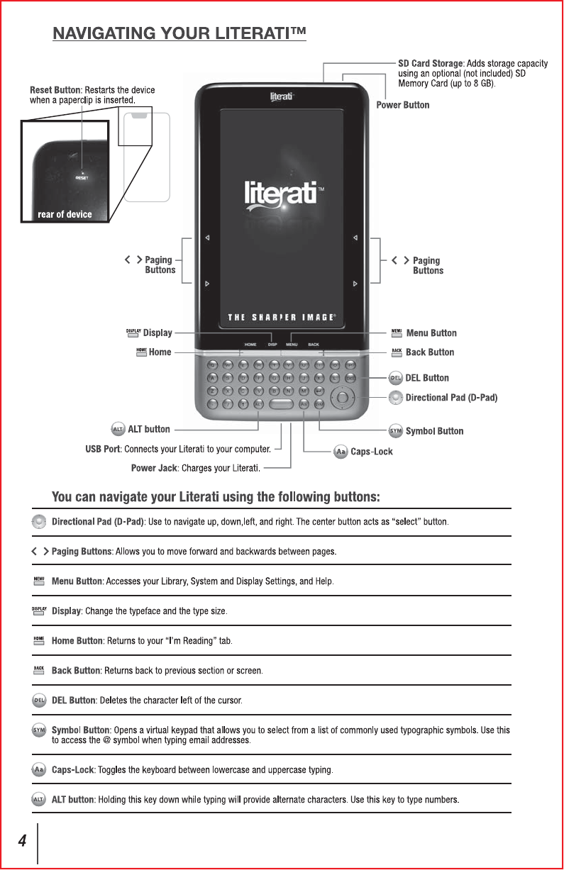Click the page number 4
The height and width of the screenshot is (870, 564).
coord(22,841)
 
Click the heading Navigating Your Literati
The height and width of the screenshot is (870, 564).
coord(179,33)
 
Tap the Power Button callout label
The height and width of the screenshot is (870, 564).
coord(402,105)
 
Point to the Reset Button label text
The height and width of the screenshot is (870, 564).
coord(55,89)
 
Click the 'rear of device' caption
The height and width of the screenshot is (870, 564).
coord(65,214)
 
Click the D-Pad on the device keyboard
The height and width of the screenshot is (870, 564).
coord(343,397)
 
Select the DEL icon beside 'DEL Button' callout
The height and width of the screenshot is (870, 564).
coord(396,378)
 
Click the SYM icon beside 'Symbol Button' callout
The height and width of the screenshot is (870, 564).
coord(396,431)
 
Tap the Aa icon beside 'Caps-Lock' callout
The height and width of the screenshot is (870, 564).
coord(341,452)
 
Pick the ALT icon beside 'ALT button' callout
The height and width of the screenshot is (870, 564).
coord(118,429)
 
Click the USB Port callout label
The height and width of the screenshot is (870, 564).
coord(102,449)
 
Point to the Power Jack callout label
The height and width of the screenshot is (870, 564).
coord(153,467)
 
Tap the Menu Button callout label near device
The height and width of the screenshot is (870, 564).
coord(431,333)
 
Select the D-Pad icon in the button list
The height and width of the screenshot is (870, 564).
coord(40,523)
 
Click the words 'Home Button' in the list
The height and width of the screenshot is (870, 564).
coord(77,641)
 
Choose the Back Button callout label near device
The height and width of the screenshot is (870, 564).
coord(429,352)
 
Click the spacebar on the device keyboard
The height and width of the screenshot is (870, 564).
coord(281,403)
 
